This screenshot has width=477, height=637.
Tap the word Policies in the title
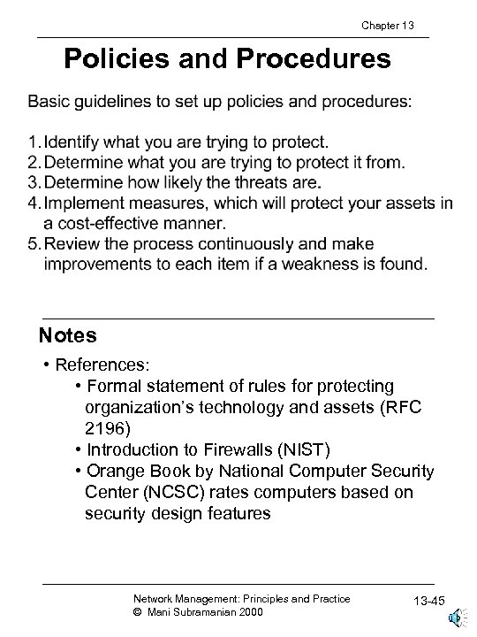click(113, 60)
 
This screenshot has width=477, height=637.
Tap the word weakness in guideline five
click(334, 263)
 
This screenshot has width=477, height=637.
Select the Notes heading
click(68, 336)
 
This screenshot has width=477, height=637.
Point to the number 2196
click(106, 427)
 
